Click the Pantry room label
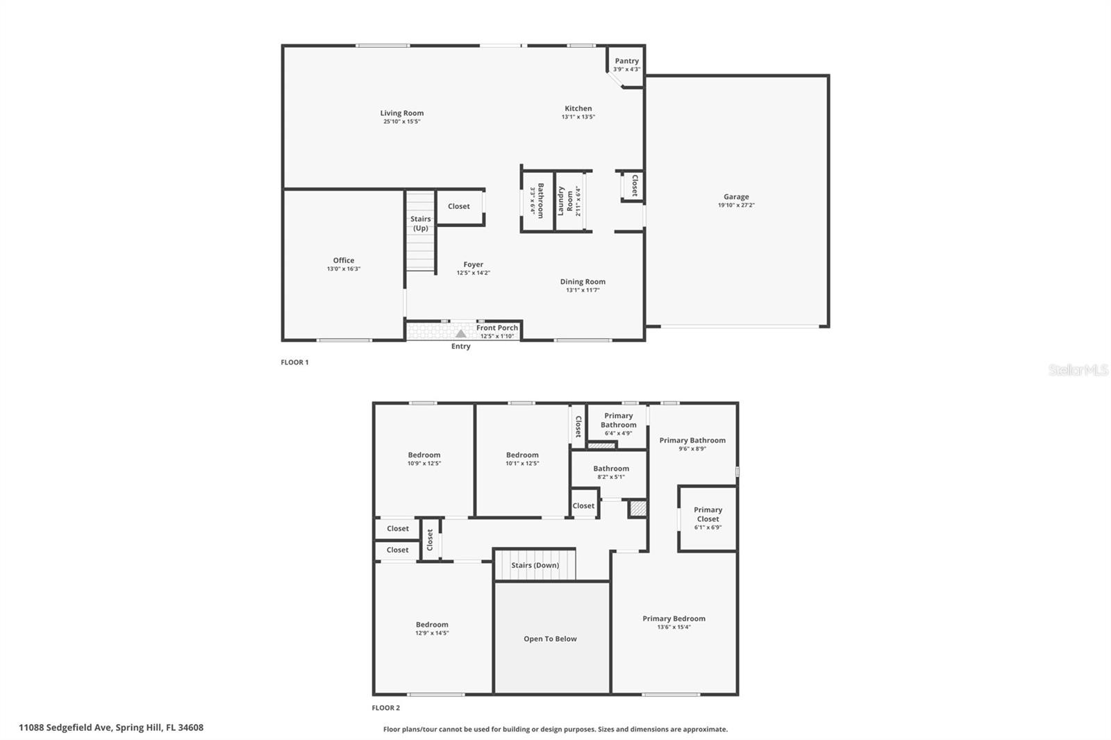tap(626, 61)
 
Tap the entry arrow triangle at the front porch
tap(460, 334)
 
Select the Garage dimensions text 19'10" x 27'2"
tap(736, 205)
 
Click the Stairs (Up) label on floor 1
tap(420, 224)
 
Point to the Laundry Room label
tap(565, 201)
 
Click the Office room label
tap(343, 260)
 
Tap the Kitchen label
tap(578, 108)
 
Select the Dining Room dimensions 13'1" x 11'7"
tap(583, 290)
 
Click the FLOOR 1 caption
tap(294, 362)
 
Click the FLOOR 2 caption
tap(385, 708)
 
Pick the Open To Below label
tap(550, 639)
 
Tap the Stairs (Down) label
tap(535, 565)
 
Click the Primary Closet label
tap(708, 514)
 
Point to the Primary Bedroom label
tap(674, 619)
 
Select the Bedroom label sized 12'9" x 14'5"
tap(432, 625)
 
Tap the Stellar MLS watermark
tap(1078, 370)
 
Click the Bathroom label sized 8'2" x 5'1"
tap(611, 469)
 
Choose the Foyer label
tap(473, 264)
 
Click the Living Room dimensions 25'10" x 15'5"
tap(402, 121)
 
